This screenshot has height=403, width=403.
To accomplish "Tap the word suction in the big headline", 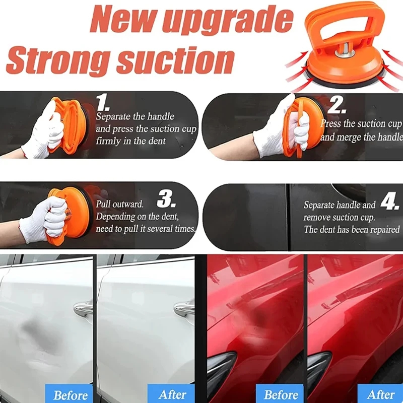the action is tap(175, 61).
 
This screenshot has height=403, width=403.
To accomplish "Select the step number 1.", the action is tap(103, 103).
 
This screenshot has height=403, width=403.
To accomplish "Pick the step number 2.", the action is tap(337, 104).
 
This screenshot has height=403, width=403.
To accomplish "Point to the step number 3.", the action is tap(166, 199).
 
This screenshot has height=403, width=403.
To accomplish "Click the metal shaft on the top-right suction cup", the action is tap(345, 50).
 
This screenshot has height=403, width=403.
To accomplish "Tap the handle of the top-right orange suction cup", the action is tap(345, 23).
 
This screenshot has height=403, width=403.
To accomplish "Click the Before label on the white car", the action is tap(71, 395).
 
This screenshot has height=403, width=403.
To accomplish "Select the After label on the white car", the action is tap(172, 394).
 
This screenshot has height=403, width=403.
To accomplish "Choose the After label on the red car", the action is tap(381, 394).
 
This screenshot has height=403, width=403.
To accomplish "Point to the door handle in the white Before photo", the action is tap(83, 308).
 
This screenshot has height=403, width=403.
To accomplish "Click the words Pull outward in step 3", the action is tap(119, 205).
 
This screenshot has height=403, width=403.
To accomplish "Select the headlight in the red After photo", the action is tap(319, 370).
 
